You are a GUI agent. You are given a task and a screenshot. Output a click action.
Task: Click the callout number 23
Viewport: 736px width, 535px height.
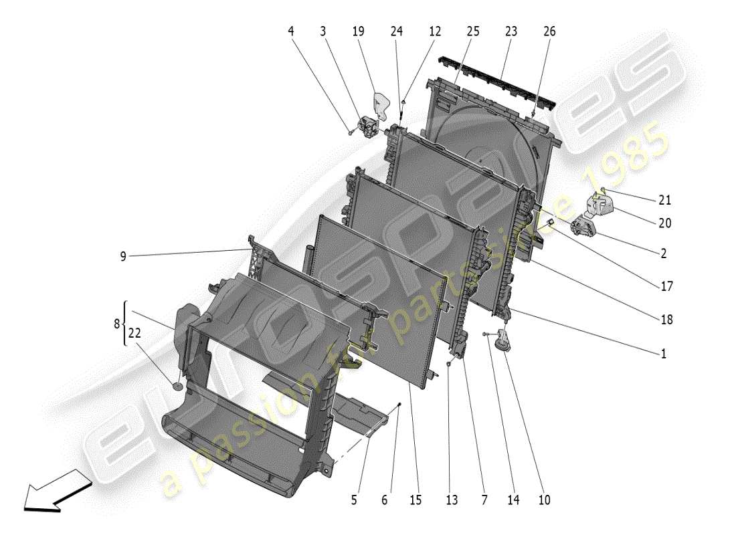511,31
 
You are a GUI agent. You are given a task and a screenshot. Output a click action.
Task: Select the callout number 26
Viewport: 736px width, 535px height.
549,31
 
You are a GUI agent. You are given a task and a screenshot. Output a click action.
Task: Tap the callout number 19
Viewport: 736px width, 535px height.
358,31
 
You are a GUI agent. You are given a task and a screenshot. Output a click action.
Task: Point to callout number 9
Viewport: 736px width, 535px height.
123,256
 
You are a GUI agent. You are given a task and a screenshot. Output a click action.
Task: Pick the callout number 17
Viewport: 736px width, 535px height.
666,287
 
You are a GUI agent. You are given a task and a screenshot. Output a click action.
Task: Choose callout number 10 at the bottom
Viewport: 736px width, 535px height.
543,499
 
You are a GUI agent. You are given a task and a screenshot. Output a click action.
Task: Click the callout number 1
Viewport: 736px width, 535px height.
664,354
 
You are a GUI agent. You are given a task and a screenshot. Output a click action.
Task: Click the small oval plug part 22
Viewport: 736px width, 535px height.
178,385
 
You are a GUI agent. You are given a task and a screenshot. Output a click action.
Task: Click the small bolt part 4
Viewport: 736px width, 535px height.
351,132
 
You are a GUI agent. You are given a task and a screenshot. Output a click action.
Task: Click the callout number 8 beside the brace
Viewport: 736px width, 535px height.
118,323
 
